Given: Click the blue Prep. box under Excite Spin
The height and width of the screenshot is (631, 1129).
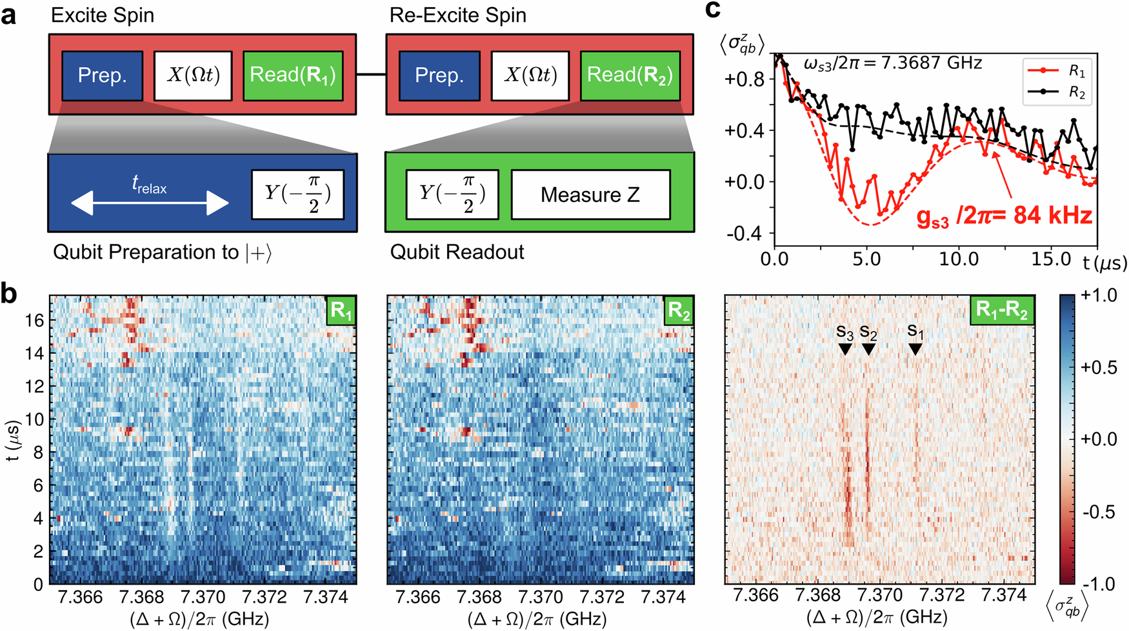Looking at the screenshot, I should tap(102, 75).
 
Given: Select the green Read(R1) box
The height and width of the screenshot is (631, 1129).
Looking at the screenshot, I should tap(292, 75).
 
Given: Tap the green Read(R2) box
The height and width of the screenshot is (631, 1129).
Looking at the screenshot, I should tap(630, 75).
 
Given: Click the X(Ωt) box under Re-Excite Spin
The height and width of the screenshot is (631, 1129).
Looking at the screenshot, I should tap(530, 75).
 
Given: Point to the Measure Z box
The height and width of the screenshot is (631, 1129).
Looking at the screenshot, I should tap(590, 194).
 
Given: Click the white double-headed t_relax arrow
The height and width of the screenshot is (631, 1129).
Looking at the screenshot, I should tap(149, 204).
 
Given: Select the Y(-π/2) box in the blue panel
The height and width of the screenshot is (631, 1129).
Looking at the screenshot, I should tap(297, 194).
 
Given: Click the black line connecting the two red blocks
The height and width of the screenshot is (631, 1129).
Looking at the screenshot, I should tap(371, 75).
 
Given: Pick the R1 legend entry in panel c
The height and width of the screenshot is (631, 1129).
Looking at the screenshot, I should tap(1058, 70).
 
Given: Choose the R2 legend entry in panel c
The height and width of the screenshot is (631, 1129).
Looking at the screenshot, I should tap(1058, 92).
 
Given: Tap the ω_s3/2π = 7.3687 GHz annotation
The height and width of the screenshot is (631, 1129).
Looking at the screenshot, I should tap(893, 63).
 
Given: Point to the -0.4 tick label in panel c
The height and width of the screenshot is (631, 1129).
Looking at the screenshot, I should tap(744, 233).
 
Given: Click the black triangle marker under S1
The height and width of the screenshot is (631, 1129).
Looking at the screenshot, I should tap(915, 349).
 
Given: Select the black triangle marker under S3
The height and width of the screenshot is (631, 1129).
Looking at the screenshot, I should tap(844, 349).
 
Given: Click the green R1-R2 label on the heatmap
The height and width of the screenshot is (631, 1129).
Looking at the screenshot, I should tap(1001, 310).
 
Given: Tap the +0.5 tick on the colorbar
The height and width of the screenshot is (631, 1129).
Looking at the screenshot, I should tap(1098, 367).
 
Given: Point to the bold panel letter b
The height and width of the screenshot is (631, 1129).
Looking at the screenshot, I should tap(9, 294).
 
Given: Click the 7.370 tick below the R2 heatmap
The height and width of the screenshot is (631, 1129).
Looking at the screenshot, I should tap(541, 597).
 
